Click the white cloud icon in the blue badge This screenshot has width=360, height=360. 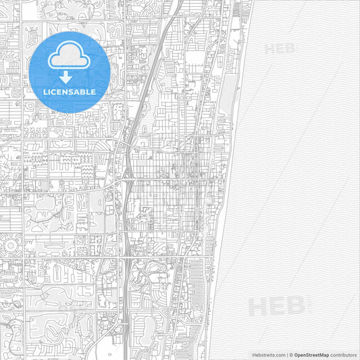click(x=70, y=55)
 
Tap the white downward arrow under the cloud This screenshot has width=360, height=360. click(x=70, y=77)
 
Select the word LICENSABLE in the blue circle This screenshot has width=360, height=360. click(x=70, y=92)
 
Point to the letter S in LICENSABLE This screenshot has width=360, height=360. click(x=72, y=92)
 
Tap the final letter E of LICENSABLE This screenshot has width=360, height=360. click(x=94, y=92)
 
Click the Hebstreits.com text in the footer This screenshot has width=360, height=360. click(x=267, y=354)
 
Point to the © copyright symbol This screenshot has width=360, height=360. click(x=291, y=354)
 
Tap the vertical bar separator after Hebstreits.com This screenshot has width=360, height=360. click(x=286, y=354)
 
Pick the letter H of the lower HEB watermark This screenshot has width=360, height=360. click(x=257, y=307)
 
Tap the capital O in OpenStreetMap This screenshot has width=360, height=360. click(x=297, y=354)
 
